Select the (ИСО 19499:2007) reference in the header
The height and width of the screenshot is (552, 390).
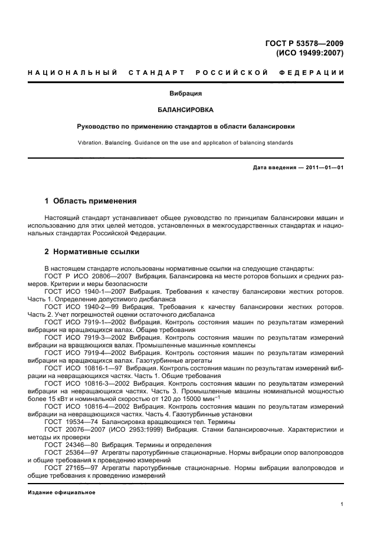(310, 52)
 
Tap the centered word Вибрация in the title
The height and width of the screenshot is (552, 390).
(186, 93)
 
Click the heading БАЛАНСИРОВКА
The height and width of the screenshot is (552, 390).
(186, 110)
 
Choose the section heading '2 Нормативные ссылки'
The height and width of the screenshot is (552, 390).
(92, 252)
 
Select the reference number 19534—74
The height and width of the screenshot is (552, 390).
(84, 422)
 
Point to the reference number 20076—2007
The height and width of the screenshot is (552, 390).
(87, 429)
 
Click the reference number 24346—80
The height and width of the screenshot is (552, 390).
(84, 445)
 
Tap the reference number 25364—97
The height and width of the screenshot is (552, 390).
(84, 452)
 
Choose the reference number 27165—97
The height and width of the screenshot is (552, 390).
(84, 468)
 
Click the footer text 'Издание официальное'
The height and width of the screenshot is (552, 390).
(61, 492)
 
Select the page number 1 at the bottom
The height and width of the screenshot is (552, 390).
(342, 504)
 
